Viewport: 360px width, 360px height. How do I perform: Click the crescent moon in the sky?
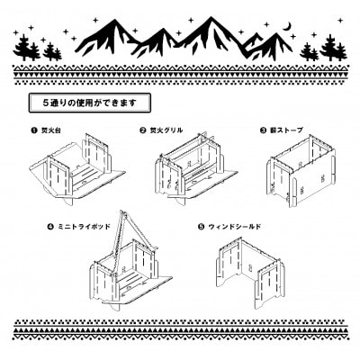click(287, 27)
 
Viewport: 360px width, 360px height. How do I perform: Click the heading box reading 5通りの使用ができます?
click(87, 102)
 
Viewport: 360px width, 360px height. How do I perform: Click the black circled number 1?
click(28, 130)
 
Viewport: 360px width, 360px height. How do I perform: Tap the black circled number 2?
click(143, 130)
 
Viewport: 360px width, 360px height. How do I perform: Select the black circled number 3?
click(264, 130)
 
